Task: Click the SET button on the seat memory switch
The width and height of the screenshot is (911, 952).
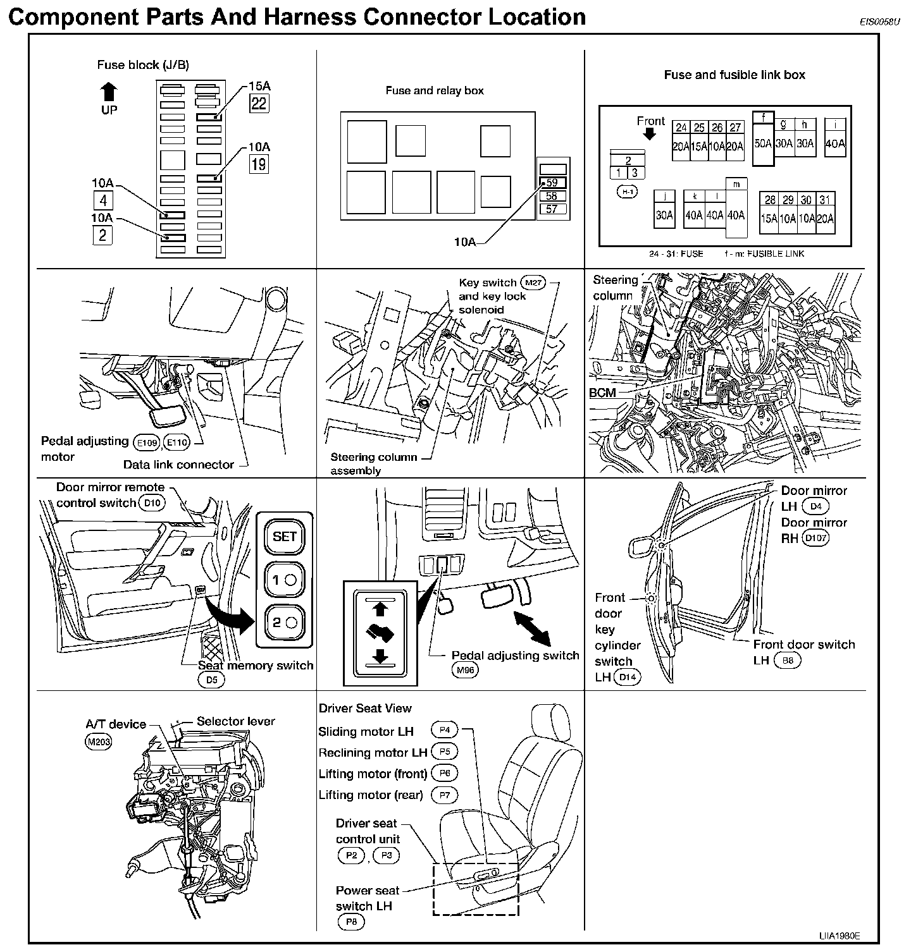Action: (x=284, y=536)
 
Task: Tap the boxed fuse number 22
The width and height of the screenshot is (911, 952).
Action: (x=259, y=103)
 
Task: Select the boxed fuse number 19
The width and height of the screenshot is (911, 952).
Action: (x=259, y=164)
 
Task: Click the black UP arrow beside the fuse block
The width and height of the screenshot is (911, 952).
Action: (x=109, y=92)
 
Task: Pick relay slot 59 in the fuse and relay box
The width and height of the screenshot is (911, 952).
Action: (x=552, y=183)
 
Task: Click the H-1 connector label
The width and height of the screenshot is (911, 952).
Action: (x=628, y=192)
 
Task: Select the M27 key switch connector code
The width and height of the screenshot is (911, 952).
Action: (x=531, y=282)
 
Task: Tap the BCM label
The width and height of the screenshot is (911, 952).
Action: (x=602, y=393)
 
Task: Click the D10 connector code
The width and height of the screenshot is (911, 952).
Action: (x=152, y=503)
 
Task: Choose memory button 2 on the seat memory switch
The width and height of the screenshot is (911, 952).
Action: (x=284, y=622)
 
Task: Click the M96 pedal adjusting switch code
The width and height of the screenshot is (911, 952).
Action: (x=465, y=671)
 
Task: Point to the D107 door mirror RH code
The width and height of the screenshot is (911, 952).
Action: (x=815, y=539)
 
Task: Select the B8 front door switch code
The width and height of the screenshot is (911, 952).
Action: (x=788, y=661)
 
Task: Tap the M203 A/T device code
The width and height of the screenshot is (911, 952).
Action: (x=98, y=741)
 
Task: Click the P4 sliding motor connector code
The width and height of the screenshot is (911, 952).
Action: (x=444, y=730)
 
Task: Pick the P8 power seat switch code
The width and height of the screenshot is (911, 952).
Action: (x=351, y=922)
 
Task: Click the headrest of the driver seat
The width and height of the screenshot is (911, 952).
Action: (x=548, y=721)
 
